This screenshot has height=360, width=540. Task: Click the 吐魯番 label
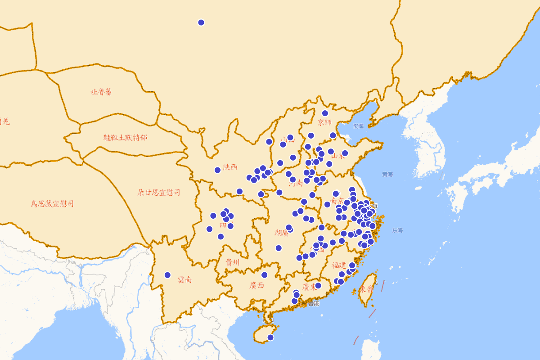pos(101,92)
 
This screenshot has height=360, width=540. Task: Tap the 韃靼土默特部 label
pos(125,138)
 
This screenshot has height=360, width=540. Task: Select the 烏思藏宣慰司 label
pos(52,204)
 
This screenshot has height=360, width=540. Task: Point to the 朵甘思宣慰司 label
pos(159,193)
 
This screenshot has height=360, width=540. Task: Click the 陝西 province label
pos(230,167)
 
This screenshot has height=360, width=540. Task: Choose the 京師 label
pos(324,122)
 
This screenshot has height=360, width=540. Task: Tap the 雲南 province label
pos(184,280)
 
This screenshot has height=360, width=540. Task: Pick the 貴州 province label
pos(233,262)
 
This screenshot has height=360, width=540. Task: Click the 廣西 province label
pos(257,285)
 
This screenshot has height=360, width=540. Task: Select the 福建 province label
pos(339,265)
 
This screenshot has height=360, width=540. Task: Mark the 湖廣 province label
pos(281,233)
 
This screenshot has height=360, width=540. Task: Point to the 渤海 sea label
pos(358,126)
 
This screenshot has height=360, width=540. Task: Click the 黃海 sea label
pos(387,174)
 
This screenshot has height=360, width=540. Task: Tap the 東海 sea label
pos(397,230)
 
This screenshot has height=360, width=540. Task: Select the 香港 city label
pos(314,304)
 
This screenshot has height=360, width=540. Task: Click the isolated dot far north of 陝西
pos(201,22)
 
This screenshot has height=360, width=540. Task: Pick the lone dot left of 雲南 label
pos(167,275)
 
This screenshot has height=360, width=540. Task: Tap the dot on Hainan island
pos(270,337)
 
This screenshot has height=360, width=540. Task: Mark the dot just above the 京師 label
pos(325,113)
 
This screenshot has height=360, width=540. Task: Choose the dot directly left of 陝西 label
pos(217,170)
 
